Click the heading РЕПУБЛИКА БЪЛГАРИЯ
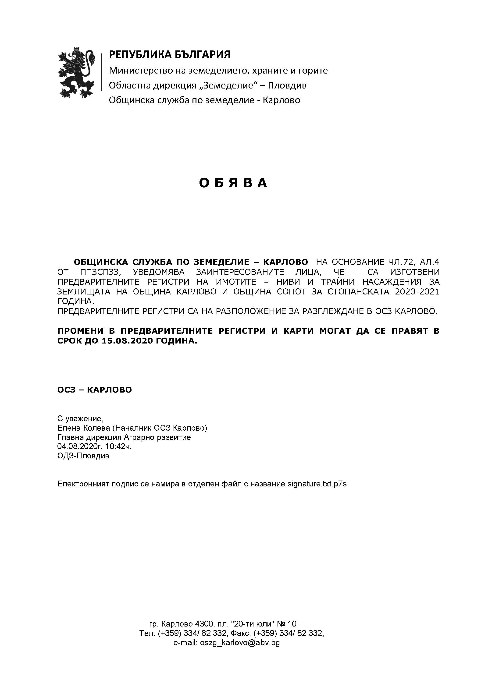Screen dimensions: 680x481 click(170, 54)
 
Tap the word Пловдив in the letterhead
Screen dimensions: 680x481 click(287, 86)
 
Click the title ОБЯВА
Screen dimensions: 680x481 click(233, 183)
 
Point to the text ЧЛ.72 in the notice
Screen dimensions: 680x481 click(400, 262)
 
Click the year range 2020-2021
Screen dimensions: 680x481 click(417, 292)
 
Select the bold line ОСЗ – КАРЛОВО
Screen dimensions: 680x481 click(95, 390)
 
